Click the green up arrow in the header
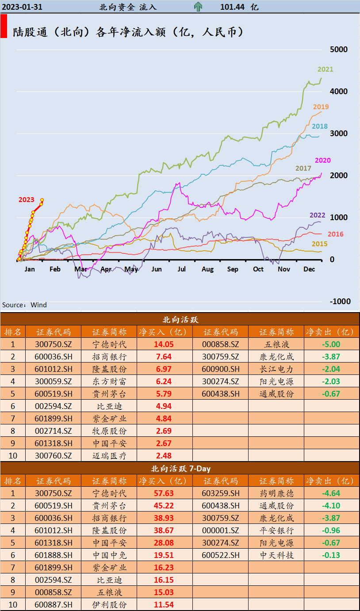coord(198,7)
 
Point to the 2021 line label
coord(325,69)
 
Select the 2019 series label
coord(321,107)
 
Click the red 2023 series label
coord(26,200)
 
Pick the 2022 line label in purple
coord(317,215)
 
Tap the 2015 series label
coord(319,244)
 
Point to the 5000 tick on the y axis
coord(339,50)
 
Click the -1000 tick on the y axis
coord(340,302)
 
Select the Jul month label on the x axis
coord(182,269)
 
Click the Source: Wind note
coord(24,305)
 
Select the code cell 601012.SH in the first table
coord(53,369)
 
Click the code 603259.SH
coord(220,493)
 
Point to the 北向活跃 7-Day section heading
coord(180,468)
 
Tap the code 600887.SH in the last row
coord(53,605)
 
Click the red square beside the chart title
coord(4,26)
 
